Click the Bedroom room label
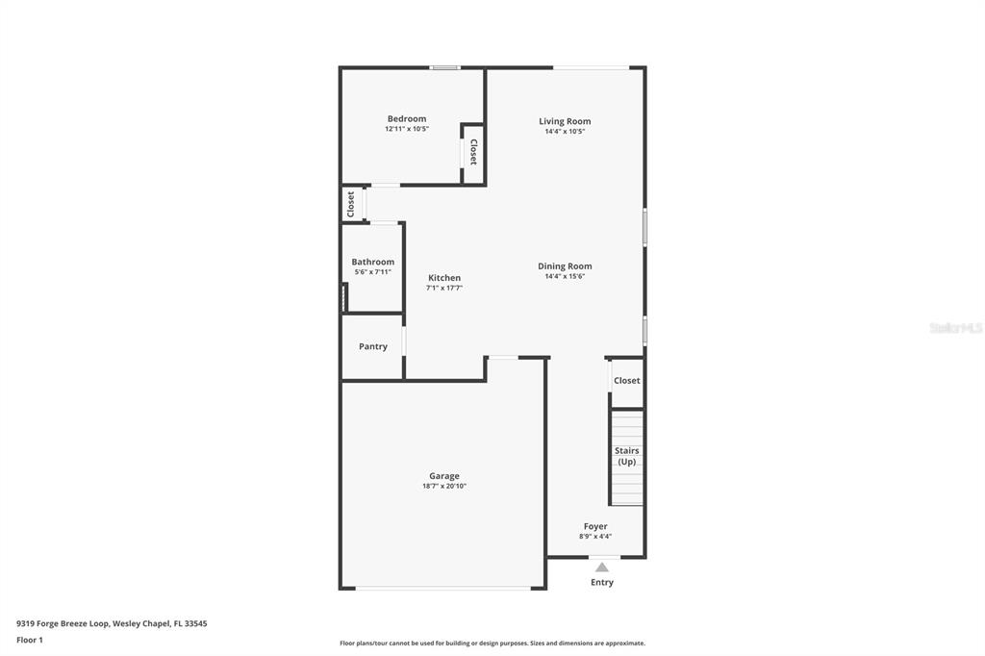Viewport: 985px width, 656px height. [406, 119]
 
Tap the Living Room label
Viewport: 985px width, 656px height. [565, 121]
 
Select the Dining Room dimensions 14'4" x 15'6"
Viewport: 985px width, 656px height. [565, 277]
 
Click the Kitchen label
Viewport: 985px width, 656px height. [444, 278]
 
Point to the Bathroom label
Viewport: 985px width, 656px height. [372, 262]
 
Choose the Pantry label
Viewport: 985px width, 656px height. [373, 346]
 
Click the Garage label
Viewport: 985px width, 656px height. [443, 476]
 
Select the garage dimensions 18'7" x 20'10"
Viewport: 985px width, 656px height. [443, 487]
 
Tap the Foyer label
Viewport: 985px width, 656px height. [595, 526]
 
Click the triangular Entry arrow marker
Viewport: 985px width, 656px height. [601, 568]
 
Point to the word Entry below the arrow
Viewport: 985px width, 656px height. [601, 582]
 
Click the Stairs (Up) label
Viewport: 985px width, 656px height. [626, 456]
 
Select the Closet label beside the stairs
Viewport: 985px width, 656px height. [626, 381]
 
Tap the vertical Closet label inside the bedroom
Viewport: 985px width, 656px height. [473, 152]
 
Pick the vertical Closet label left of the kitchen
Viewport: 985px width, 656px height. [351, 203]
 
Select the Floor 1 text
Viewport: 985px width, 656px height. [30, 640]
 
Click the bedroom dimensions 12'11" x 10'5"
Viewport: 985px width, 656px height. [406, 129]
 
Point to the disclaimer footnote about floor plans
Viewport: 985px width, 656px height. [492, 643]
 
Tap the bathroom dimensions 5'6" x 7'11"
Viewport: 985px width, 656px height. [372, 272]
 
